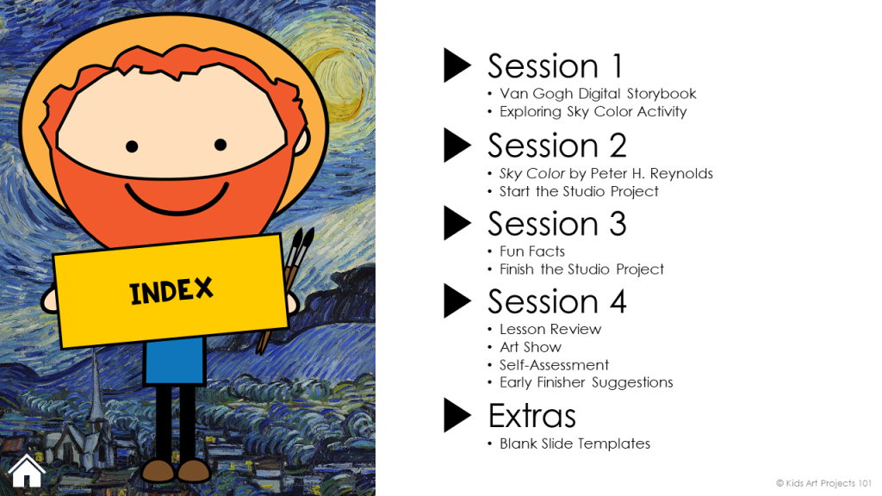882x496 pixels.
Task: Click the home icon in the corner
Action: click(x=26, y=470)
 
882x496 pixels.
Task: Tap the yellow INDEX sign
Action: click(x=172, y=290)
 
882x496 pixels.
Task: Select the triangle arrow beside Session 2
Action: click(x=457, y=145)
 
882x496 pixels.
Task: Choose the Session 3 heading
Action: click(x=556, y=224)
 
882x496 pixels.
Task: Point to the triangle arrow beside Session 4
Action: click(x=457, y=301)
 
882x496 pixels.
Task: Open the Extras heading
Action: click(x=531, y=416)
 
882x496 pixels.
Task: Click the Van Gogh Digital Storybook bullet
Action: click(x=598, y=93)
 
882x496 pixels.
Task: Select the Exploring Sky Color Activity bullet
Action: click(x=593, y=111)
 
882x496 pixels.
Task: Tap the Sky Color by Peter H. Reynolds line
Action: click(x=606, y=173)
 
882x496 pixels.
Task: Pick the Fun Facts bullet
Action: click(x=532, y=251)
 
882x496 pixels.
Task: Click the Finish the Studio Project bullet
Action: click(x=581, y=269)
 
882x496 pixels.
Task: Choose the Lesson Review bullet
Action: click(x=550, y=329)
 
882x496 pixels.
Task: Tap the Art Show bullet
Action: click(x=531, y=347)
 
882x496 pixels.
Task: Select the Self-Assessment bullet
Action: click(x=554, y=364)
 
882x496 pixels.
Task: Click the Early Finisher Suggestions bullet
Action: click(x=586, y=382)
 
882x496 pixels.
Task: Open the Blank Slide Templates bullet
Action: click(x=575, y=443)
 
